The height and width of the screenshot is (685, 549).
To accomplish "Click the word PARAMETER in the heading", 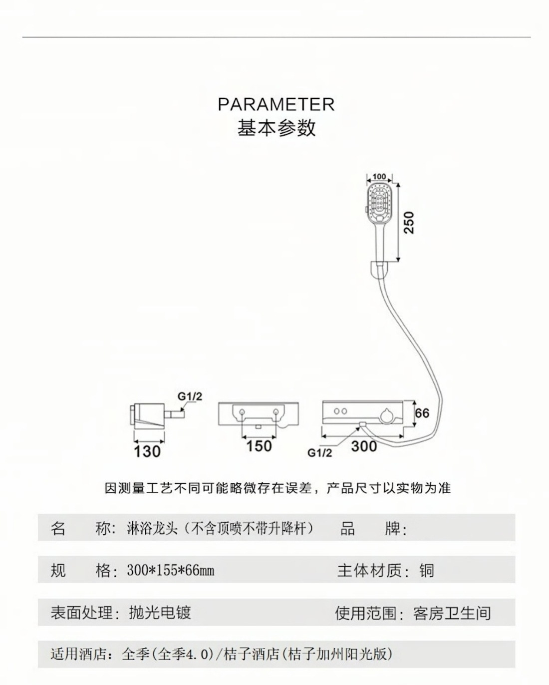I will click(276, 104).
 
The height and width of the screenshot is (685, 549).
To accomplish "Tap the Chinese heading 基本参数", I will click(276, 128).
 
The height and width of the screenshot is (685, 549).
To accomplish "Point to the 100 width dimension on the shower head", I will click(379, 177).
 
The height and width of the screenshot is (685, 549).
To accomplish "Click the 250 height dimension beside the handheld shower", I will click(409, 223).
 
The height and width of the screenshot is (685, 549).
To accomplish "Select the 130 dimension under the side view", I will click(148, 451).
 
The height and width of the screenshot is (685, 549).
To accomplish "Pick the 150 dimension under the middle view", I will click(259, 446).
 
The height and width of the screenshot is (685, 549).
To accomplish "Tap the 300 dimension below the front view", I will click(364, 446).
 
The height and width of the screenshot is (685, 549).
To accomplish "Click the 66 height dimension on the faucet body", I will click(422, 413).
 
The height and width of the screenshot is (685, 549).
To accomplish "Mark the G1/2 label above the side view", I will click(190, 397).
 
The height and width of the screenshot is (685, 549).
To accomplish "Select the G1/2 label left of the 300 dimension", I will click(319, 453).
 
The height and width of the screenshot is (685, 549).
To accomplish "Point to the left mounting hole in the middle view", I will click(242, 412).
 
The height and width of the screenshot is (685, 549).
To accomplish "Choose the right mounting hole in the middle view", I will click(275, 412).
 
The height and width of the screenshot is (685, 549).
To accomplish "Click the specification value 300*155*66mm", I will click(171, 570).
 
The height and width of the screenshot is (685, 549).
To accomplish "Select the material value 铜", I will click(427, 570).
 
